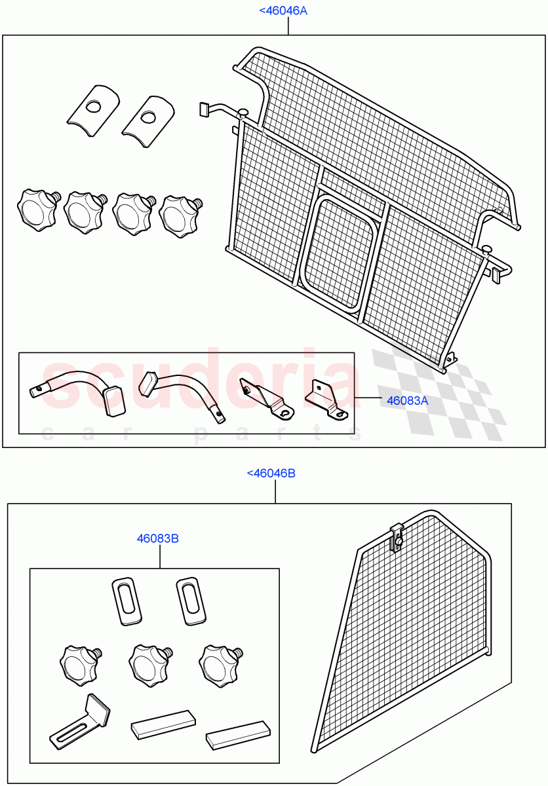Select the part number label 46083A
[406, 400]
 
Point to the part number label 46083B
[158, 538]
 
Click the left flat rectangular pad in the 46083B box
[163, 724]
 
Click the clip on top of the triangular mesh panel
[396, 536]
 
